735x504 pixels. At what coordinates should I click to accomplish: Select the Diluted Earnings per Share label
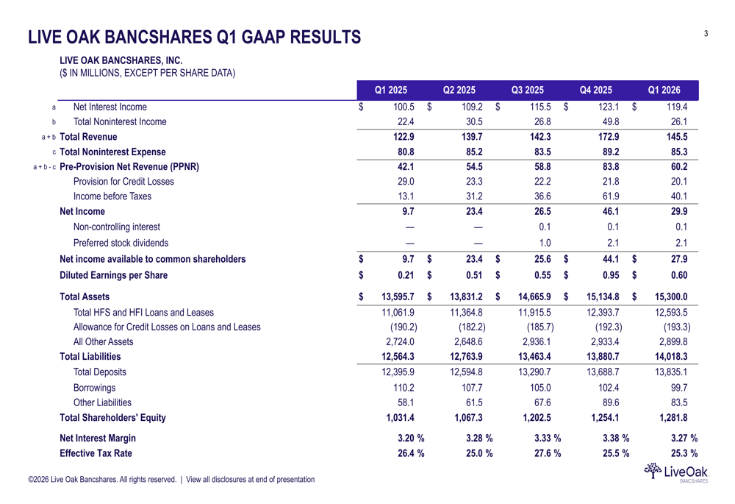(x=113, y=276)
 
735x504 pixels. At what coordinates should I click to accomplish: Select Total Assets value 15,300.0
(x=667, y=297)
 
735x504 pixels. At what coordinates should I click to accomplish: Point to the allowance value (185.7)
(x=540, y=327)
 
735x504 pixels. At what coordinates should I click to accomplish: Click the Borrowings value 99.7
(x=675, y=387)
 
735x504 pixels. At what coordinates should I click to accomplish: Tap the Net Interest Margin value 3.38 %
(x=612, y=438)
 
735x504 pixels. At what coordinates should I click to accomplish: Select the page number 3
(x=706, y=33)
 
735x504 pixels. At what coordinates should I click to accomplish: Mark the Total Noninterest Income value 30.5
(x=474, y=122)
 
